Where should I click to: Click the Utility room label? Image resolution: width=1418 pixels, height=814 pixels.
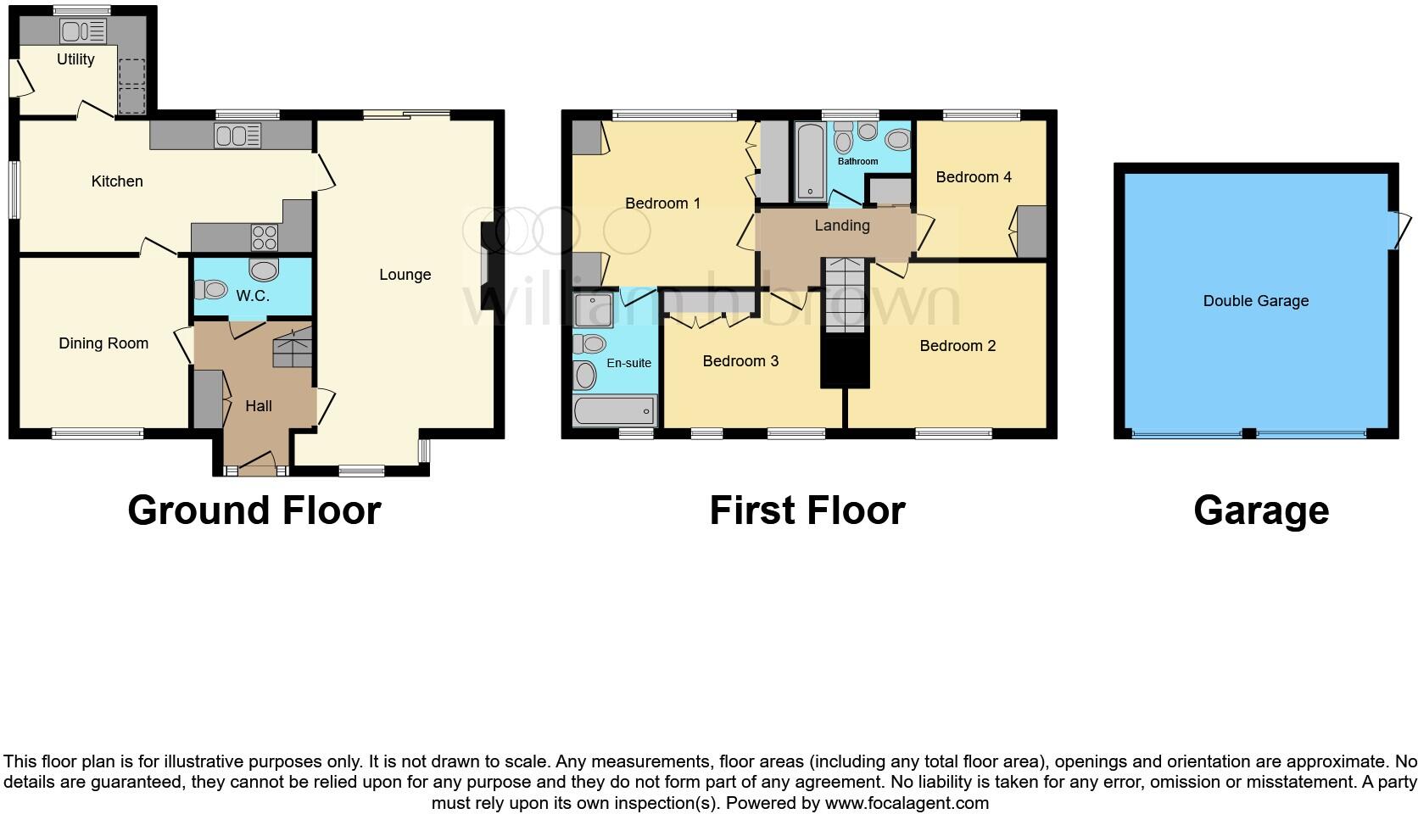pos(75,59)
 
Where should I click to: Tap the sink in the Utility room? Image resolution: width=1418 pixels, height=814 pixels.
pos(83,32)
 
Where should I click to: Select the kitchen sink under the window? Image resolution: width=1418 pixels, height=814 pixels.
pos(237,135)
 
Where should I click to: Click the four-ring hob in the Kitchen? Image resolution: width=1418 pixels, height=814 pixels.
pos(265,236)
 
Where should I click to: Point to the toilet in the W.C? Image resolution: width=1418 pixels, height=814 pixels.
pos(210,290)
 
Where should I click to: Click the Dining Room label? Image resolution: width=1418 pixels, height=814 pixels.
pos(103,343)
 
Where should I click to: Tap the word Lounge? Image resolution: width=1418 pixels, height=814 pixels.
pos(405,275)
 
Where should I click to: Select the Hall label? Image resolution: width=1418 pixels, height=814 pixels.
pos(259,406)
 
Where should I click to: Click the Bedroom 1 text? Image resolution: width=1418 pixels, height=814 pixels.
pos(662,203)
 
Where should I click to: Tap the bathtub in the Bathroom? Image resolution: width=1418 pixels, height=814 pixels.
pos(811,161)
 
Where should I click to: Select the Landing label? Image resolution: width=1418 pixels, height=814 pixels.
pos(841,226)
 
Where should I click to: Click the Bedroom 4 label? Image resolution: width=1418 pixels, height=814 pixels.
pos(973,177)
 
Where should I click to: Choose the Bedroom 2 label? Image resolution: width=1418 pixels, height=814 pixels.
pos(957,346)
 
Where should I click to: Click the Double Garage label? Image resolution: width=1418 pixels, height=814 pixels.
pos(1255,301)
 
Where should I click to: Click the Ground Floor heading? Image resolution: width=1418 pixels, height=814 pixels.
pos(254,510)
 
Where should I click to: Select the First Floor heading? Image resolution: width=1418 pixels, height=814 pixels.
pos(807,510)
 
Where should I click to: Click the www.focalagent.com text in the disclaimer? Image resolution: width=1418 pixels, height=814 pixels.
pos(906,802)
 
